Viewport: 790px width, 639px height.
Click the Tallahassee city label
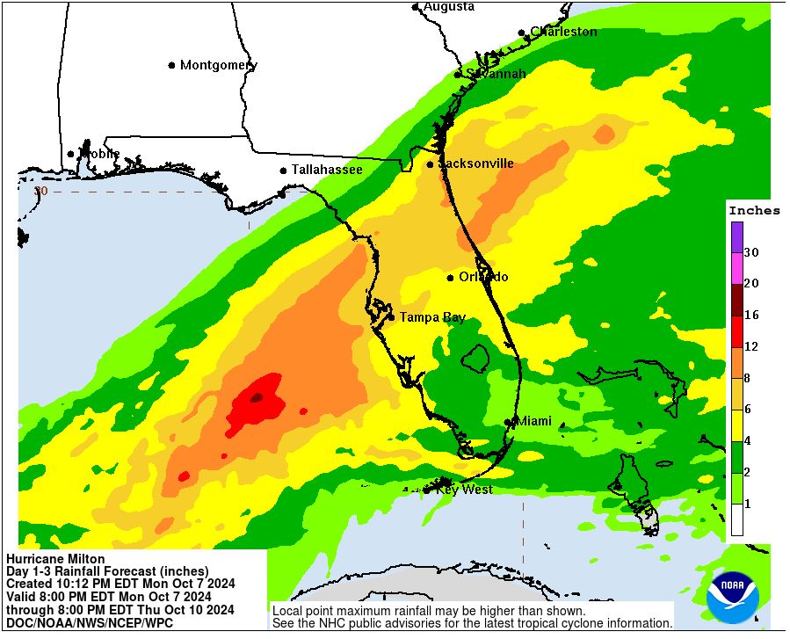coord(327,170)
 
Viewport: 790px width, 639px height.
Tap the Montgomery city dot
coord(172,65)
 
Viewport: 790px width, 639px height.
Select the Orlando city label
coord(483,277)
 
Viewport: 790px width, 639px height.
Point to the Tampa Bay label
coord(432,317)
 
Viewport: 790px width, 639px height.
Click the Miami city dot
coord(508,423)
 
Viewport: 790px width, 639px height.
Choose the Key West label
coord(464,490)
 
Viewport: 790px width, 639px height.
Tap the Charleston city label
coord(563,32)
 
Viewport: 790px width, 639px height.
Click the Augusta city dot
coord(416,7)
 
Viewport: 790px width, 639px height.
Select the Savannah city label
coord(496,74)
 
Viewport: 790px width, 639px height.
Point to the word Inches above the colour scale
coord(754,210)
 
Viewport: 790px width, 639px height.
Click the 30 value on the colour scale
coord(751,252)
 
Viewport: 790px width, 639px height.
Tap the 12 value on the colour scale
coord(751,346)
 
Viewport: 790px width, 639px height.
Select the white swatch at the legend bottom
coord(736,520)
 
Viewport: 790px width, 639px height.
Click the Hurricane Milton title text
coord(55,559)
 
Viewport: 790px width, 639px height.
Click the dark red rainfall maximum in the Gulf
coord(256,397)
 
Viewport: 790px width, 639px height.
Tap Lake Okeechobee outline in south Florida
coord(475,357)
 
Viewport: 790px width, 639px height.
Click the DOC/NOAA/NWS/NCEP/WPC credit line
coord(90,622)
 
